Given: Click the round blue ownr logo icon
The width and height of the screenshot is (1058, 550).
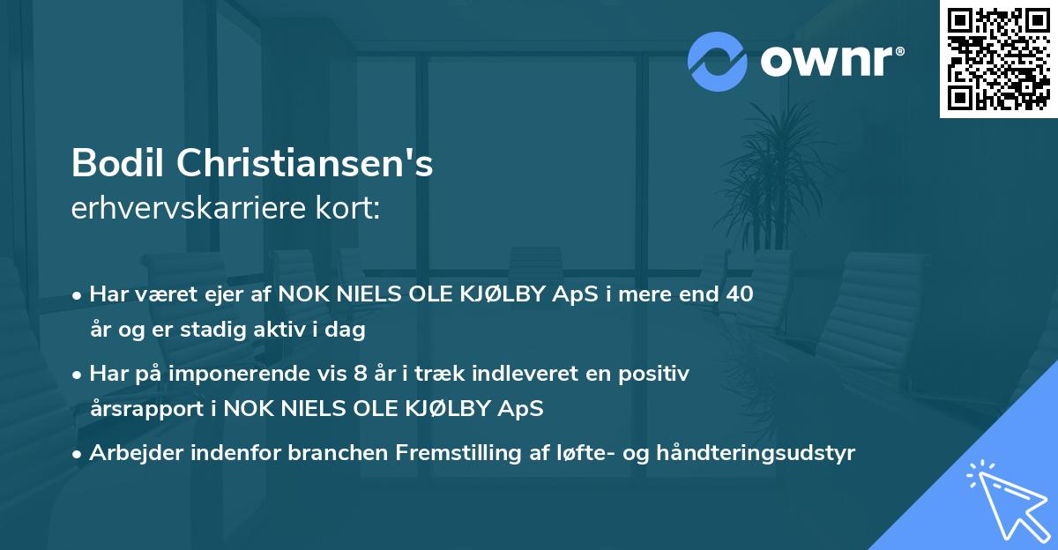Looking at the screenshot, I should [x=718, y=61].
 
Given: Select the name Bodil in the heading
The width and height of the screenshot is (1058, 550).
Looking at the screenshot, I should [x=117, y=162].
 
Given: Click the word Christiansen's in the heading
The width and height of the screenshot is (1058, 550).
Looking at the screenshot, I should [x=305, y=162].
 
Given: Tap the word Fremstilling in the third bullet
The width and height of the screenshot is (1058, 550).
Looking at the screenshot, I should [x=449, y=454].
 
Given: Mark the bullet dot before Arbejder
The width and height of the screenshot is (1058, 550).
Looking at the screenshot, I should [x=78, y=455].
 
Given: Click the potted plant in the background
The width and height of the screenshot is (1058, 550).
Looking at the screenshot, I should [x=775, y=176].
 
